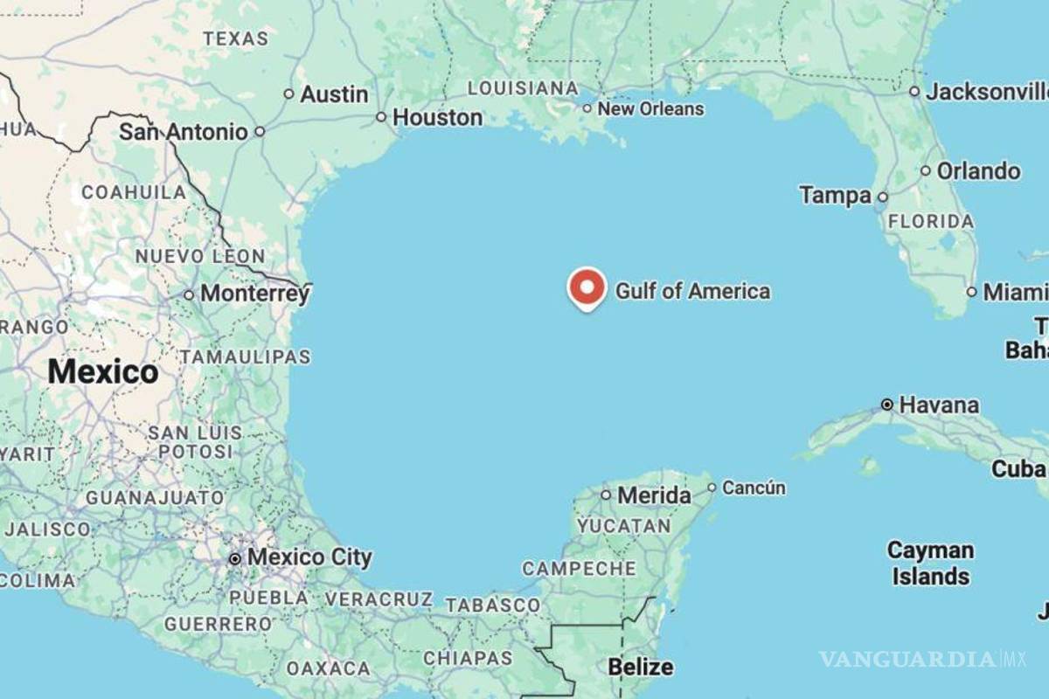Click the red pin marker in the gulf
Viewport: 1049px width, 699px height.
coord(587,287)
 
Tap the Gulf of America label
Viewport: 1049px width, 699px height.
coord(693,291)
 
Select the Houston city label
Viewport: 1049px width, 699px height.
coord(437,117)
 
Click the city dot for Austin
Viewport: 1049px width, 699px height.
coord(289,93)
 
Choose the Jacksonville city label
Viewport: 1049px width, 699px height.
coord(986,92)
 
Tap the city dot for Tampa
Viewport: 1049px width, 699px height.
coord(883,197)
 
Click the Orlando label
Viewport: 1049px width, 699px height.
coord(978,171)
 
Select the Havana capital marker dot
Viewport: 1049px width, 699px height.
coord(887,405)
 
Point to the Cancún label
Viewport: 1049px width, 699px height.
coord(754,488)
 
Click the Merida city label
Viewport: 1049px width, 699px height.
coord(654,495)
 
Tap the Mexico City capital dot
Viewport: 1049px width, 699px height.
coord(234,558)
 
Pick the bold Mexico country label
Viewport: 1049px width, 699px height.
coord(103,372)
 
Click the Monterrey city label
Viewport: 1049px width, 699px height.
coord(254,294)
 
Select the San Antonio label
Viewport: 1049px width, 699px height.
coord(184,132)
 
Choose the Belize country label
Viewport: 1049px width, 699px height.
coord(641,667)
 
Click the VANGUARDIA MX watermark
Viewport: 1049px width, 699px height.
coord(922,658)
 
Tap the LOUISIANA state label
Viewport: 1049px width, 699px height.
coord(523,88)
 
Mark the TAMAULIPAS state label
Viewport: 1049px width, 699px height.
coord(246,356)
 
